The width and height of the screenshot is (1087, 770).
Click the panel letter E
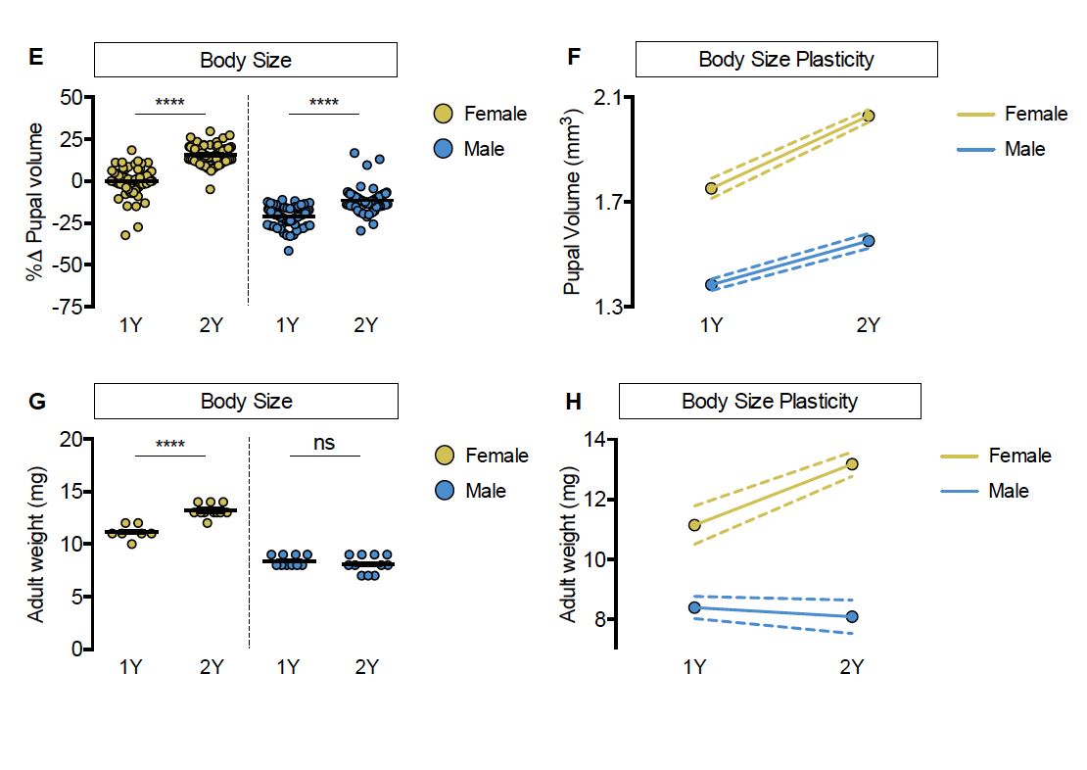[35, 58]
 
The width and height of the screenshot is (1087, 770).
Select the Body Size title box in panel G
[246, 401]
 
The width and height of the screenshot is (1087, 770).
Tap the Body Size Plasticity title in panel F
[786, 60]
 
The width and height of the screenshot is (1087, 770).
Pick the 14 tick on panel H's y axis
[595, 440]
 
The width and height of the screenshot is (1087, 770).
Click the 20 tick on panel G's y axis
[69, 439]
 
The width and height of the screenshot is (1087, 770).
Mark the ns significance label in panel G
[324, 443]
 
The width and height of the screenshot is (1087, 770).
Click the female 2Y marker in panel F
[868, 116]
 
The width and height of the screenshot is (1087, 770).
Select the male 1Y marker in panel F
[712, 284]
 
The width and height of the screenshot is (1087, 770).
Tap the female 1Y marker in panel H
[695, 524]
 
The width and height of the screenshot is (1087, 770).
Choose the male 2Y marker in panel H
[852, 616]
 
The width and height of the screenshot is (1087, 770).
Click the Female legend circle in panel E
[443, 115]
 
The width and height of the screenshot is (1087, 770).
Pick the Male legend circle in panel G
[444, 490]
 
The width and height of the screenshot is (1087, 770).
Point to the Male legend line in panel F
[974, 150]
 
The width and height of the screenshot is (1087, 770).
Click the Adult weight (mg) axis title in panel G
[37, 544]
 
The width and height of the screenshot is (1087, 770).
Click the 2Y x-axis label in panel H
[852, 667]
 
